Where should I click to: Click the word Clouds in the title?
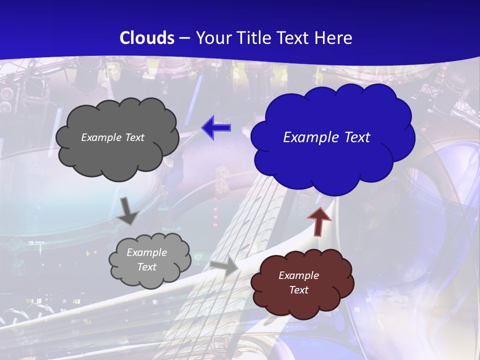pyautogui.click(x=147, y=38)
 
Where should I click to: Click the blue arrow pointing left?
pyautogui.click(x=216, y=128)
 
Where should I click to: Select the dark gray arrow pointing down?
pyautogui.click(x=128, y=210)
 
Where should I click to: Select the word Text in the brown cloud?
pyautogui.click(x=299, y=290)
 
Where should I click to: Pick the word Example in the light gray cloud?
pyautogui.click(x=146, y=252)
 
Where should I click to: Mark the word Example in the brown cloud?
pyautogui.click(x=298, y=275)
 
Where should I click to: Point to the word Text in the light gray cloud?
pyautogui.click(x=146, y=267)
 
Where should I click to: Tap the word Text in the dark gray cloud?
pyautogui.click(x=134, y=137)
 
